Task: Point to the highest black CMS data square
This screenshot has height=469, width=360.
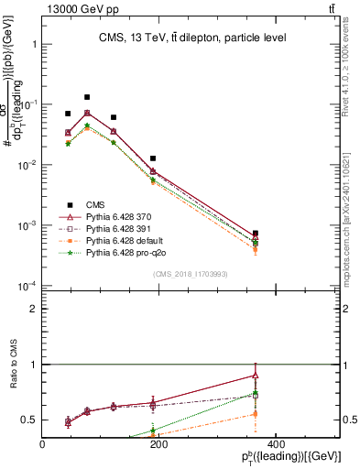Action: tap(87, 97)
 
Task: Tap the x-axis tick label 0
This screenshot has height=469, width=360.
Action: tap(43, 445)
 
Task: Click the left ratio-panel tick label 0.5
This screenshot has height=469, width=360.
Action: tap(30, 420)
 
